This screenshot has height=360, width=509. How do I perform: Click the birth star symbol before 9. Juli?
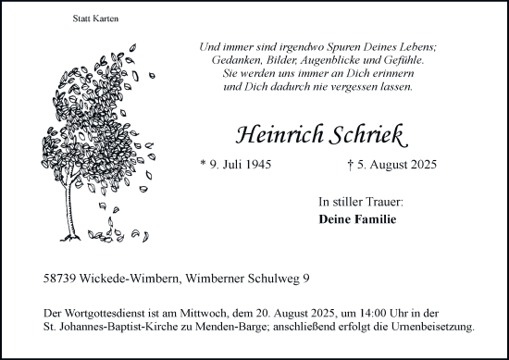(x=203, y=166)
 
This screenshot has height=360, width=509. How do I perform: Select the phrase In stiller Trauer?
(x=361, y=201)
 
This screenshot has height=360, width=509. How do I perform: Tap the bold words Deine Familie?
(x=356, y=219)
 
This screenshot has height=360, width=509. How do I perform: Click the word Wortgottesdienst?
(x=103, y=312)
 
